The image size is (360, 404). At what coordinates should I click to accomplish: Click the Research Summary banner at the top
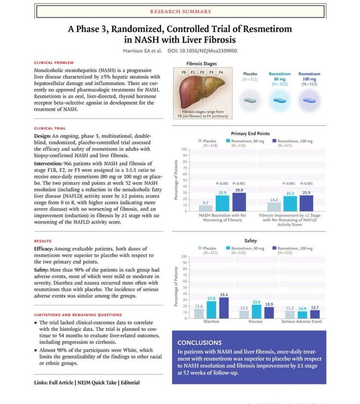tap(181, 11)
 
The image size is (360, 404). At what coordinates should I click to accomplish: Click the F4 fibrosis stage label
tap(221, 72)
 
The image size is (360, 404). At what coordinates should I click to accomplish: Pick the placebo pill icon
tap(250, 100)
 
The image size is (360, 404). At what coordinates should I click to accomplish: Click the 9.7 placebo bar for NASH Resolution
tap(206, 208)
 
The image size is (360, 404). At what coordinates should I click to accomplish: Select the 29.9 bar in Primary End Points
tap(239, 202)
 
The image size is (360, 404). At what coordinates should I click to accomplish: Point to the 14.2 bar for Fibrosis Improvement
tap(274, 207)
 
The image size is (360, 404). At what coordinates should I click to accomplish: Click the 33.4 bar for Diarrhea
tap(224, 308)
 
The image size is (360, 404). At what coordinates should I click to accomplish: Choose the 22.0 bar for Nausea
tap(257, 311)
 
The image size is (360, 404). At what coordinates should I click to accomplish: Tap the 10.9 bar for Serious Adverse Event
tap(302, 315)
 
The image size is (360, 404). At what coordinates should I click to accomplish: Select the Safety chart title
tap(251, 240)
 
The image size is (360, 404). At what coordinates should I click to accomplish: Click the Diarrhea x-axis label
tap(212, 321)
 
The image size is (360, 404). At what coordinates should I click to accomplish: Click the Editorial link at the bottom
tap(131, 382)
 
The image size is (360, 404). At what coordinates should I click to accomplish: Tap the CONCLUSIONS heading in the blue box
tap(199, 343)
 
